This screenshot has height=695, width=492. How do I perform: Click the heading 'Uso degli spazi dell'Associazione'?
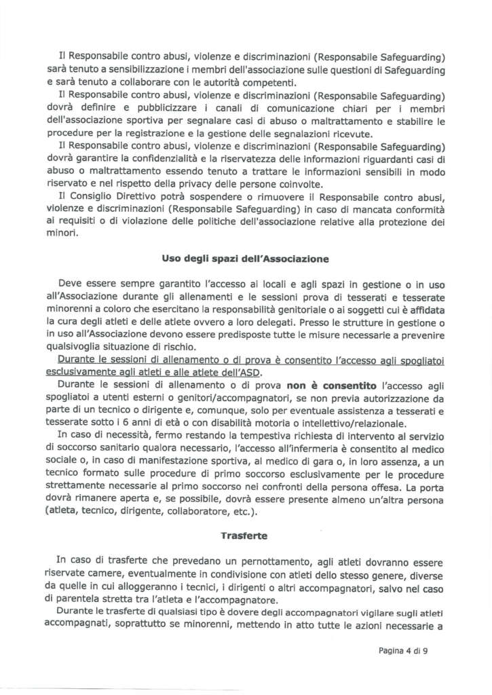pos(246,259)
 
